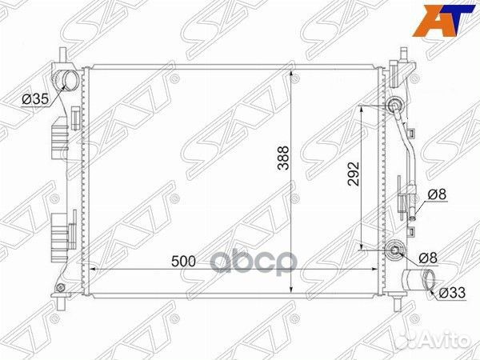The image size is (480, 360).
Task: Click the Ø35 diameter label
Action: click(x=35, y=98)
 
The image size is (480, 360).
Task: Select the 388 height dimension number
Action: click(x=283, y=158)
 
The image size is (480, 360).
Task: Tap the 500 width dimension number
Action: click(x=183, y=261)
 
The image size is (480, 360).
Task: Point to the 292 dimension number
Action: click(x=354, y=174)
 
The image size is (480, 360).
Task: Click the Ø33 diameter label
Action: click(x=452, y=293)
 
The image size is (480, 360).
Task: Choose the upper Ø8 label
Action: click(x=437, y=194)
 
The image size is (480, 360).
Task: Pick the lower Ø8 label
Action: click(x=428, y=258)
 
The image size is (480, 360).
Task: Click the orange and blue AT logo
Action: click(x=443, y=20)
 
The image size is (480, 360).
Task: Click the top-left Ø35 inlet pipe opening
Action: click(x=70, y=79)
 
